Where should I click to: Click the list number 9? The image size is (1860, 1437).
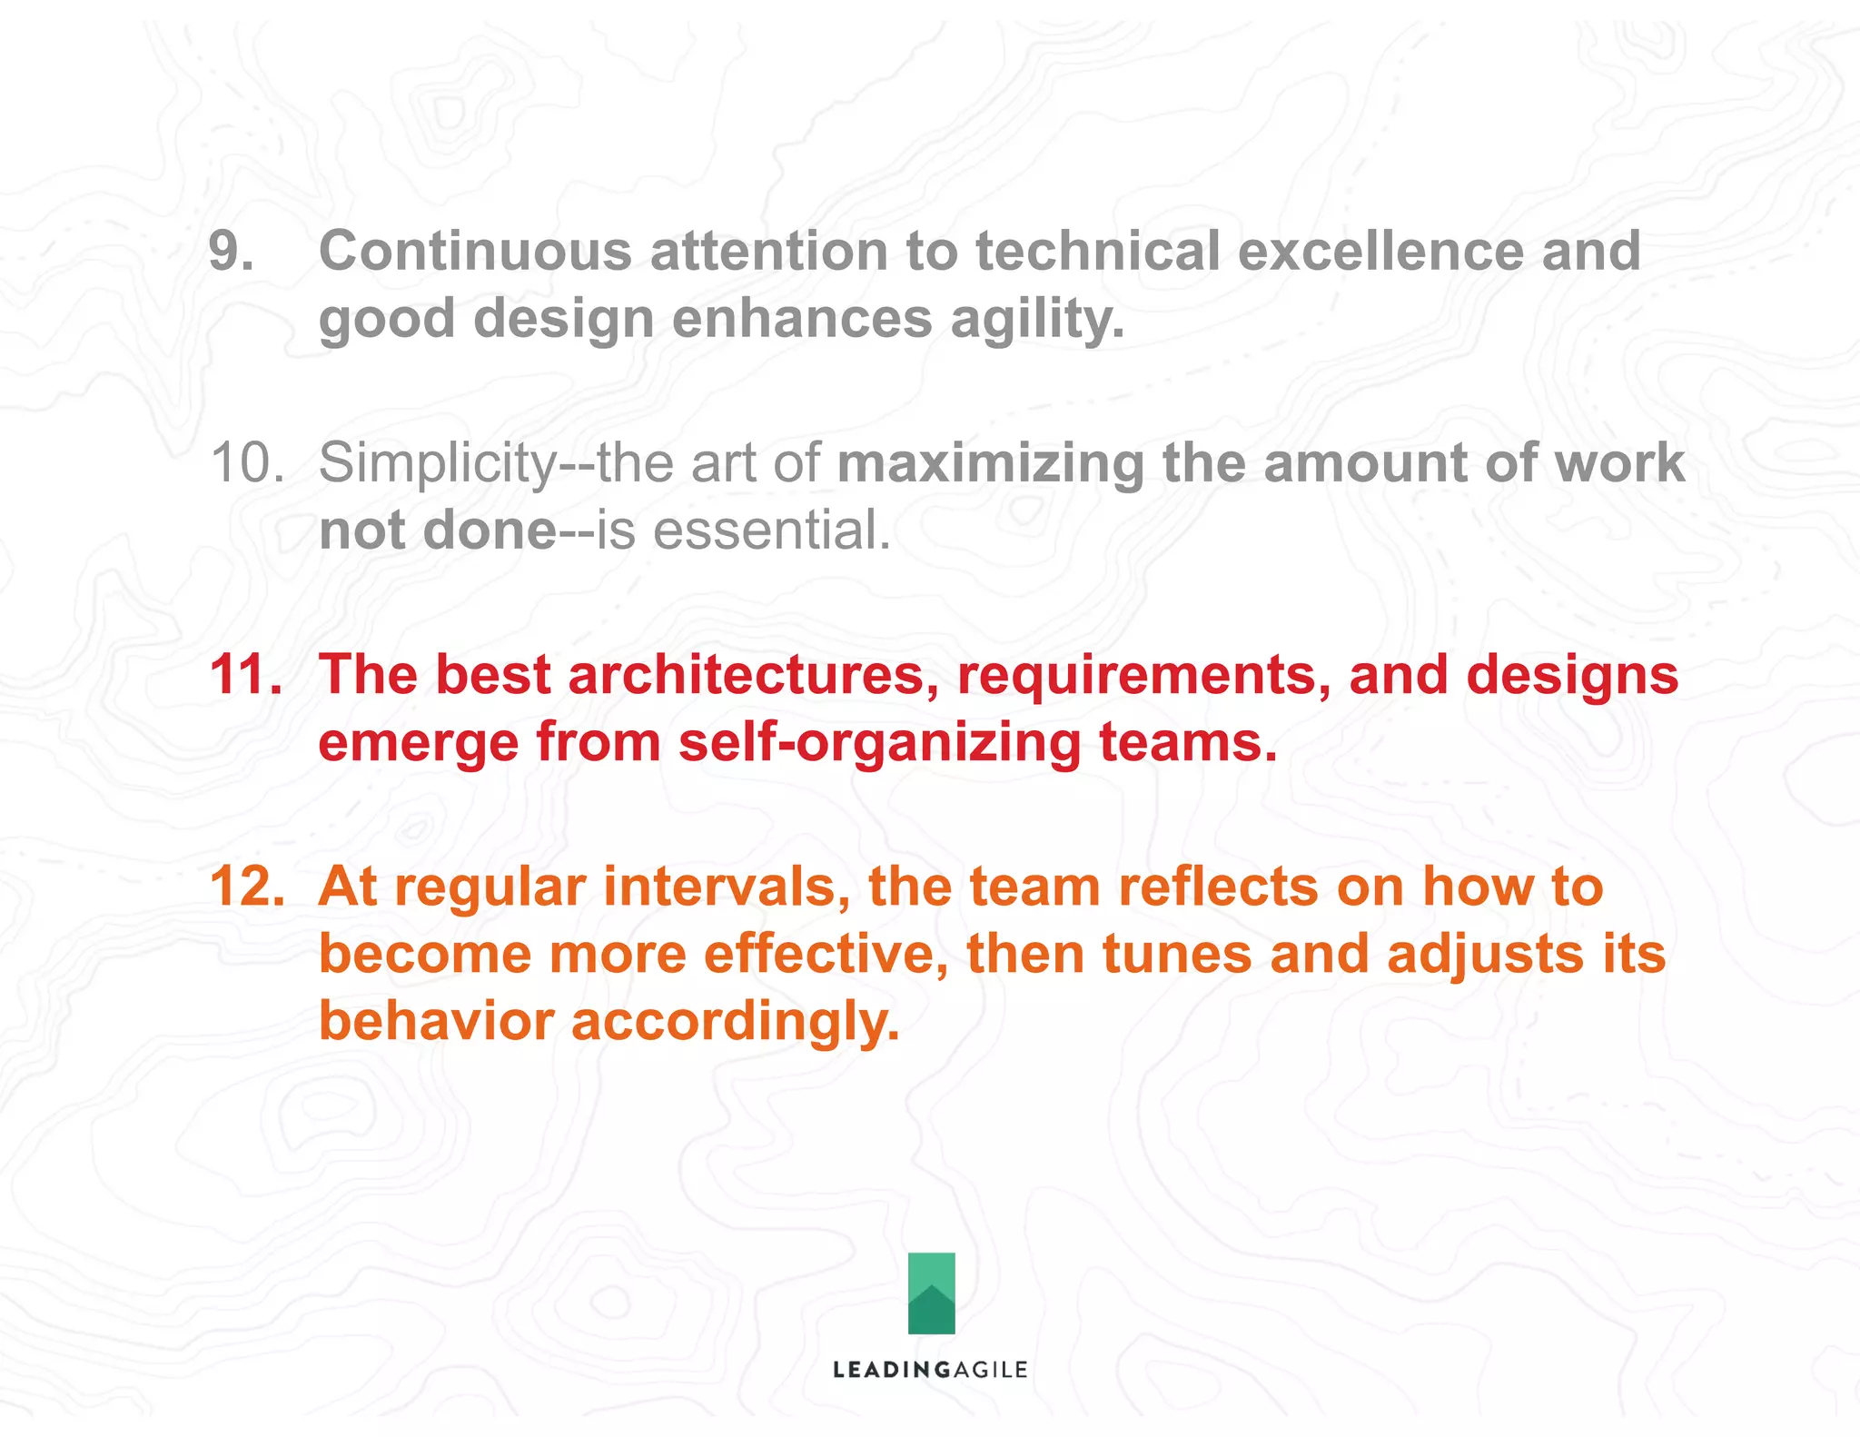coord(231,252)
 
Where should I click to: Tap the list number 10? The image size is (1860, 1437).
coord(247,463)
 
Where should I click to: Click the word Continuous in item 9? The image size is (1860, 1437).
coord(475,252)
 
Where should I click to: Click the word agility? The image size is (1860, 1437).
coord(1037,321)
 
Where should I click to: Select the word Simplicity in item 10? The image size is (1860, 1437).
coord(437,463)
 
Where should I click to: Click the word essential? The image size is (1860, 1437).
coord(771,531)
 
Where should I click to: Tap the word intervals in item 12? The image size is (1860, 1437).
coord(726,887)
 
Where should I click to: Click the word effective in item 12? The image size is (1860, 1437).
coord(826,956)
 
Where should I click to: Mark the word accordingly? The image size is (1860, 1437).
coord(735,1023)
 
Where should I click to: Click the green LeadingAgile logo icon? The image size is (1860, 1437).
coord(931,1293)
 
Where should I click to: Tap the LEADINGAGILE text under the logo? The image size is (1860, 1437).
coord(930,1370)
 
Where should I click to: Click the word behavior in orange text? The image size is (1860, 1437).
coord(436,1021)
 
